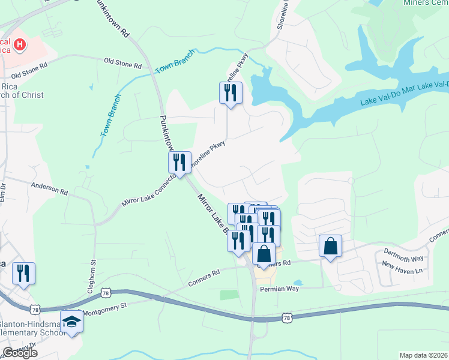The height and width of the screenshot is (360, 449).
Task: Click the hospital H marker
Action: coord(21,44)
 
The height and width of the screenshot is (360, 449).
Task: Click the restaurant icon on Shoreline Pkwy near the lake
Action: coord(231,93)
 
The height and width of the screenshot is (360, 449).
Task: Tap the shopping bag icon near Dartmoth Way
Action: coord(330,246)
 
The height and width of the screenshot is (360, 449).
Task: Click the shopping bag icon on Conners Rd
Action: coord(264,254)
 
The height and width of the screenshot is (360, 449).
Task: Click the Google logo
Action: coord(20,353)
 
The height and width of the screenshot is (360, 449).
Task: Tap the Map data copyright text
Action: coord(423,355)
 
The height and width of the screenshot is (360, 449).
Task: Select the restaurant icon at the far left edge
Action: coord(23,273)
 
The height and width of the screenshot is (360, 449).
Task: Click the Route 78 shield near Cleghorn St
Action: coord(106,293)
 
